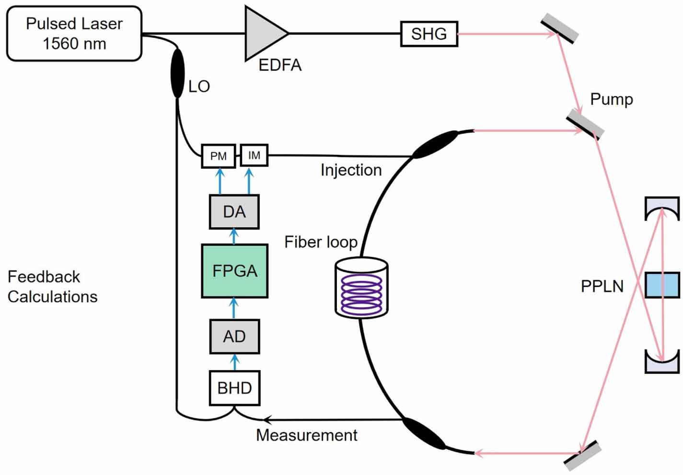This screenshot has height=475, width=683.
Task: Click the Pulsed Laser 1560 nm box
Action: point(74,34)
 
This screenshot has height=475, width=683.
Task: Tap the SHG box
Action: point(429,34)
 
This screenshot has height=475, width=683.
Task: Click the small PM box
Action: point(218,156)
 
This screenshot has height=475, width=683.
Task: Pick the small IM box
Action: point(254,155)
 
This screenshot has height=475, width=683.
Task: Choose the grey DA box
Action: point(234,212)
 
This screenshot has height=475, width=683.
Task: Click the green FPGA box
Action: point(234,271)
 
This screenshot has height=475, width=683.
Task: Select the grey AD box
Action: point(234,336)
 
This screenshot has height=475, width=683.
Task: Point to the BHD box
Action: point(234,388)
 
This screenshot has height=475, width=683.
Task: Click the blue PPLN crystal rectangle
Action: point(662,285)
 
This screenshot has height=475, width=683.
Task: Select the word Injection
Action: point(351,170)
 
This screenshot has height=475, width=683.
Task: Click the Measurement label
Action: point(306,435)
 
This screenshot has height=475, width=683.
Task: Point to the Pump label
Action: point(611,99)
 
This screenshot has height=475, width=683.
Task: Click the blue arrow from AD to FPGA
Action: point(234,308)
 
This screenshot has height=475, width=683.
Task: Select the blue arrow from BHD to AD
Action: point(234,362)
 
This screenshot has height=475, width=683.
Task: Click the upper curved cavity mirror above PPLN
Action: point(662,208)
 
